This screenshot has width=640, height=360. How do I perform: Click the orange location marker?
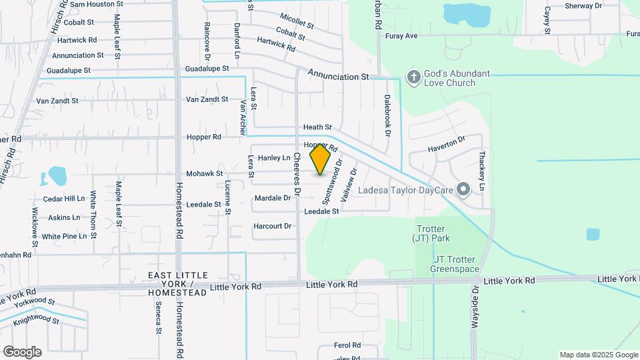pos(321,159)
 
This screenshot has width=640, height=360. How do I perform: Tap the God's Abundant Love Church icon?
pos(413,78)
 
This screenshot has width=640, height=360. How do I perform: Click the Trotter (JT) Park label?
pos(431,233)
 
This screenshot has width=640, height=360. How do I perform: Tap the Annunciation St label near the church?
pos(338,77)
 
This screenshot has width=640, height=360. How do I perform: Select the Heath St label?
pos(317,127)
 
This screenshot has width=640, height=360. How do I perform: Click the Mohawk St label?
pos(204,173)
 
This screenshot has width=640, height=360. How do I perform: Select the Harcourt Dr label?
pos(272,226)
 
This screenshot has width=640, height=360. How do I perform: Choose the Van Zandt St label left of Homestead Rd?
pos(57,101)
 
